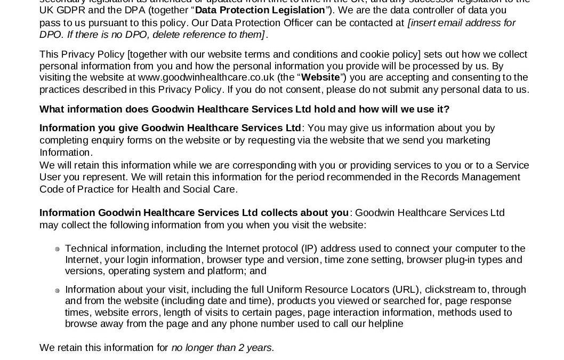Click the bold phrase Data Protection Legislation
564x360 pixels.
click(x=260, y=10)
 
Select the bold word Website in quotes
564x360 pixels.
click(x=320, y=77)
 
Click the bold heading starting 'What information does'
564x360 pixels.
click(x=244, y=109)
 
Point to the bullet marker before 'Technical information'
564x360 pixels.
click(x=57, y=249)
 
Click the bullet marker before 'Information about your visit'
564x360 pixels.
click(x=57, y=291)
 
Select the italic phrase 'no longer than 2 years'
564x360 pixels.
click(x=223, y=348)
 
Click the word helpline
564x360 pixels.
click(x=385, y=324)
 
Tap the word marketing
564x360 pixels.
click(x=464, y=140)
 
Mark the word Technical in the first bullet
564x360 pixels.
click(x=86, y=249)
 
